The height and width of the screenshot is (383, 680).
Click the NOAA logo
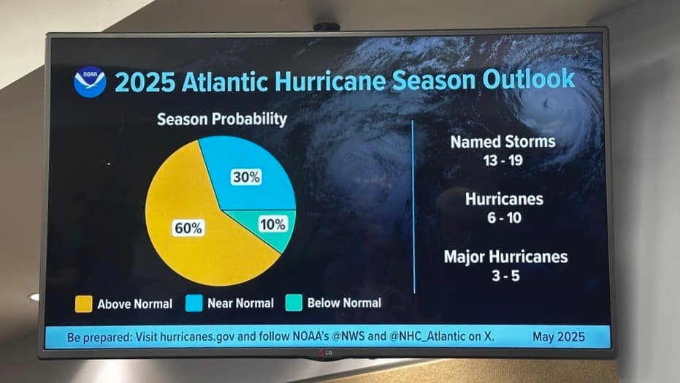pos(90,82)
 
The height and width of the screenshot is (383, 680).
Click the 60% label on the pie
pos(188,228)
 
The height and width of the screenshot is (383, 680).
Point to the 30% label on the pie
pos(246,177)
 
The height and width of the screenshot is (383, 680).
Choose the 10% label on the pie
pos(272,224)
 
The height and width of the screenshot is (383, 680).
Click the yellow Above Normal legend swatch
pos(83,303)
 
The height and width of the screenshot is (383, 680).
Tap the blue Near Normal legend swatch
pos(195,303)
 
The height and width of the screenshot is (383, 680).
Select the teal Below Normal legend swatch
pos(294,302)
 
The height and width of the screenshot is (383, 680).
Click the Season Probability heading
pos(222,118)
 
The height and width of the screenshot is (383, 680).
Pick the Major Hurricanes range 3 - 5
pos(505,275)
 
